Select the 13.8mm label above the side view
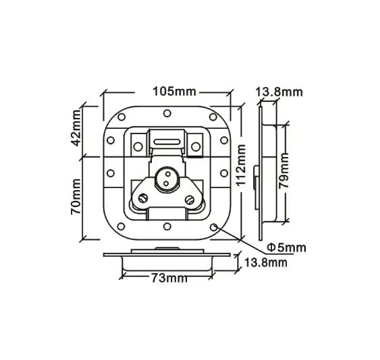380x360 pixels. (279, 92)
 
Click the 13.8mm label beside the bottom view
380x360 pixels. (265, 262)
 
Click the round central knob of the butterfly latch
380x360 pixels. (164, 179)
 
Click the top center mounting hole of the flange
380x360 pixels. (167, 119)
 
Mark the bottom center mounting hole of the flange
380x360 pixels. (167, 226)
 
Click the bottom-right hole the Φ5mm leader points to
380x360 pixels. (213, 227)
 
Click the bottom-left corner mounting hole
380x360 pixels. (121, 226)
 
